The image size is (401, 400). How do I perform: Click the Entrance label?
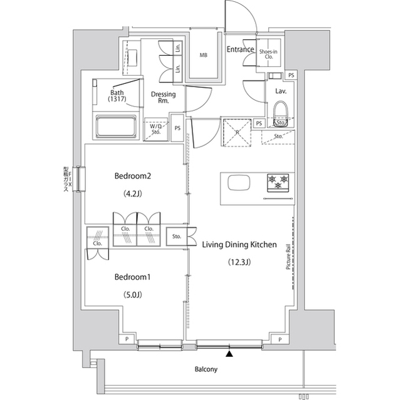click(240, 49)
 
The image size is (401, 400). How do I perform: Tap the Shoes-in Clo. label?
click(269, 54)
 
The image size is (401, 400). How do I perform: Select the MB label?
click(203, 56)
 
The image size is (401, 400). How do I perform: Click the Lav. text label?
click(280, 91)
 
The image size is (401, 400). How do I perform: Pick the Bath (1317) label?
click(117, 95)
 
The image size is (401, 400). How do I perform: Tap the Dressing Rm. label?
click(163, 98)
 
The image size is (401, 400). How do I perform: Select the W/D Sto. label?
click(156, 128)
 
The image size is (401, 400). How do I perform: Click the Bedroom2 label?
click(133, 176)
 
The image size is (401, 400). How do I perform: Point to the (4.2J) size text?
click(133, 193)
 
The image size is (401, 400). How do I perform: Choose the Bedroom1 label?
click(133, 277)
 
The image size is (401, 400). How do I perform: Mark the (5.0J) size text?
click(133, 294)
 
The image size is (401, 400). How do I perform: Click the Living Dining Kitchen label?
click(239, 245)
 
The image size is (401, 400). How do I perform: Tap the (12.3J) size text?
click(239, 263)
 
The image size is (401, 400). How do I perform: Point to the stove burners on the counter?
click(278, 183)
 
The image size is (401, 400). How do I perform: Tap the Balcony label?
click(205, 369)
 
